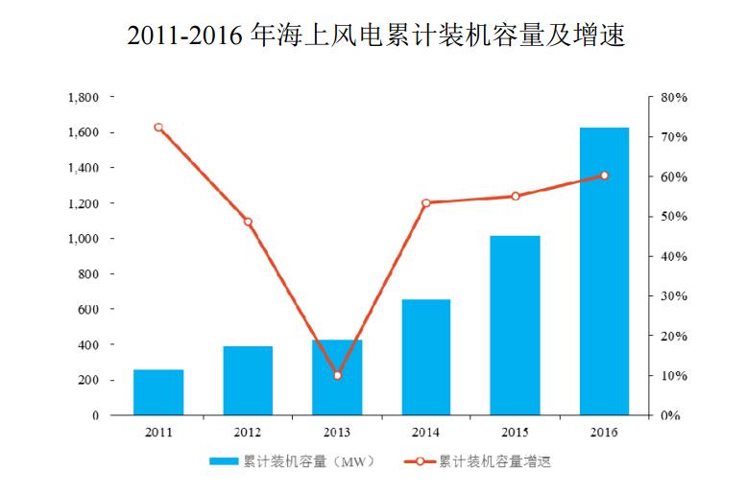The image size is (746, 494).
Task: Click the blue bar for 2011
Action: [158, 392]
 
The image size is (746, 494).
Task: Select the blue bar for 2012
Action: [248, 381]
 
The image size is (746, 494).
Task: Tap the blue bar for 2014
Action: [426, 357]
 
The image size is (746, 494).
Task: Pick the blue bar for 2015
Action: [516, 325]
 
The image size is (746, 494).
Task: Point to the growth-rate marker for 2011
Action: [158, 128]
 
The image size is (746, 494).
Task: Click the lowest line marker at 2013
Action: [337, 375]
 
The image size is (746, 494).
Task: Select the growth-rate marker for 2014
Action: [426, 202]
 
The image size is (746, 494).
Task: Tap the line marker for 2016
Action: [604, 176]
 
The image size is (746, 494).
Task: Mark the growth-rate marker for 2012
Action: [248, 222]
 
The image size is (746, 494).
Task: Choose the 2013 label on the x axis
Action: [337, 433]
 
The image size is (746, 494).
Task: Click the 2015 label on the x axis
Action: [516, 433]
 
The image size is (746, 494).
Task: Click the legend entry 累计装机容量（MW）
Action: [293, 461]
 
